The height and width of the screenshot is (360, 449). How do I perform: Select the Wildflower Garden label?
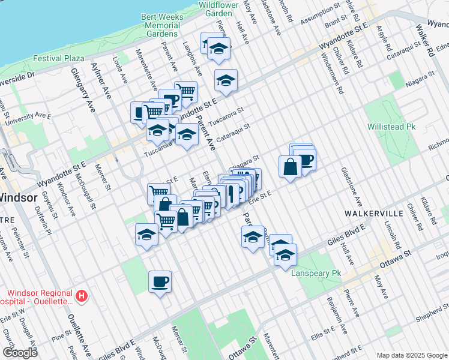click(x=215, y=8)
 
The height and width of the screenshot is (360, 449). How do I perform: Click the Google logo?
click(x=20, y=353)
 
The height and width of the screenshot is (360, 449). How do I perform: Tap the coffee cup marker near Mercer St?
click(x=160, y=282)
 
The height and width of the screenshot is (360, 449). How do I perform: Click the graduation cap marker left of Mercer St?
click(x=146, y=235)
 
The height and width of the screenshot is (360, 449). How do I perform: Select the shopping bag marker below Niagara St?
click(x=290, y=167)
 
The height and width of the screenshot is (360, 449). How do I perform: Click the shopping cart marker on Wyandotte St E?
click(x=187, y=92)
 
